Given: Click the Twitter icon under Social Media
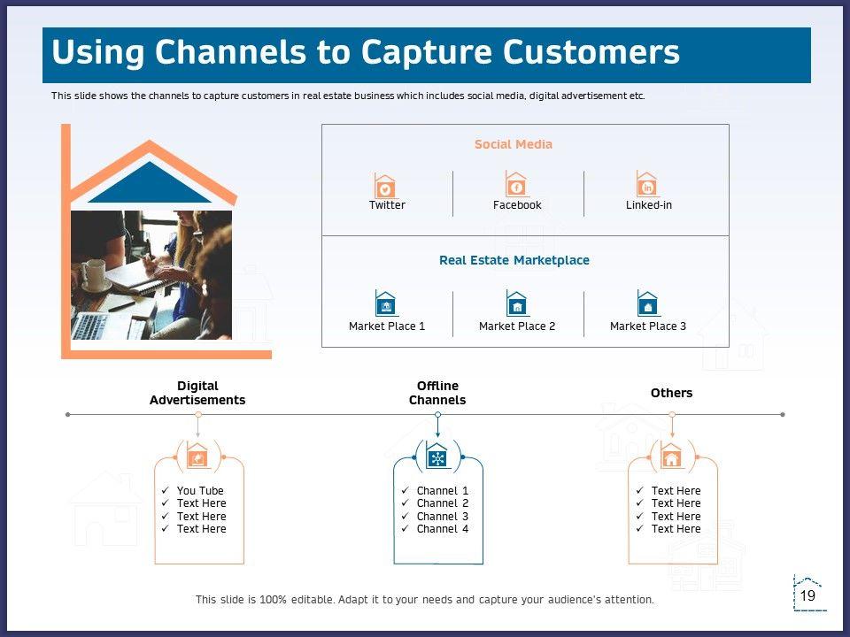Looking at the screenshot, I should click(385, 186).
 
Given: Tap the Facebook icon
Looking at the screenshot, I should click(516, 185).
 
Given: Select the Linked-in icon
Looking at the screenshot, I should click(648, 185).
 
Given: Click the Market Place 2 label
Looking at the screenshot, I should click(517, 326).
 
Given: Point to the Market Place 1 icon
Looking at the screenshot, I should click(386, 304).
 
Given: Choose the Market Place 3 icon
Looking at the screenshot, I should click(648, 304).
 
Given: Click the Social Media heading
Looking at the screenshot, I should click(514, 144).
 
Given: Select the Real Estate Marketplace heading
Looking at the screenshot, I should click(514, 260).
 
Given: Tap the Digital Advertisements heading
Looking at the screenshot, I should click(197, 393).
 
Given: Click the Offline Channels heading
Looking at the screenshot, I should click(437, 393).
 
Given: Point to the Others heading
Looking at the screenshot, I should click(672, 393).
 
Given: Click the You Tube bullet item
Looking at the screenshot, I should click(200, 491).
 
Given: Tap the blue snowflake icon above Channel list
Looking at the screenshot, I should click(437, 457).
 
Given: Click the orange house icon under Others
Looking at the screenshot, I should click(672, 457).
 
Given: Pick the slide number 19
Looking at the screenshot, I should click(807, 596).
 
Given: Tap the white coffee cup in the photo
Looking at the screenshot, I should click(95, 274).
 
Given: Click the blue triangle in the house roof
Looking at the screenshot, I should click(150, 184).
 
